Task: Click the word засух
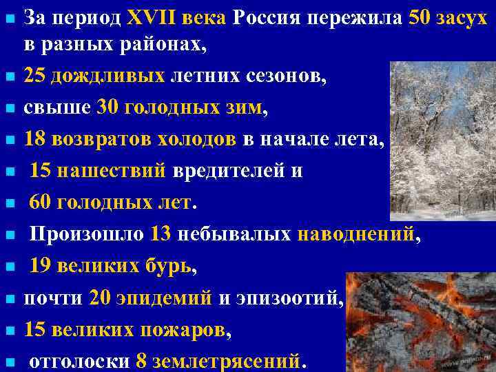[x=464, y=17]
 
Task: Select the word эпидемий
[x=160, y=298]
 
